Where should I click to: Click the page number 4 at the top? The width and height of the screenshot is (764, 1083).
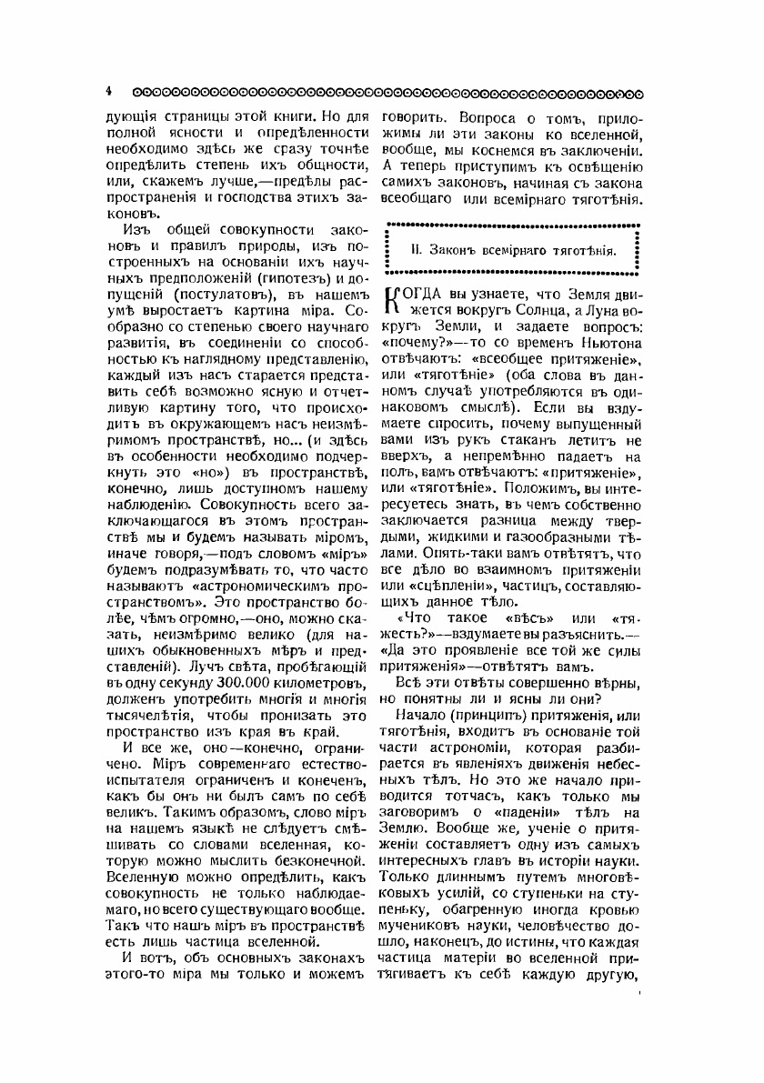click(x=107, y=92)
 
